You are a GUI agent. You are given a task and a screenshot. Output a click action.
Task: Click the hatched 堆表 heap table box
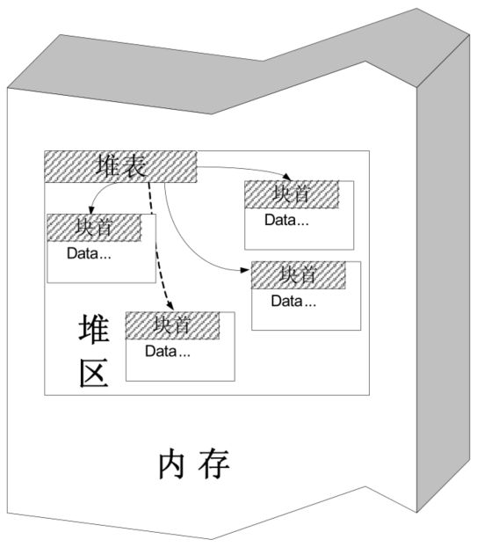point(120,167)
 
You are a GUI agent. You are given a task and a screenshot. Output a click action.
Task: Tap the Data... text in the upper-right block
point(286,219)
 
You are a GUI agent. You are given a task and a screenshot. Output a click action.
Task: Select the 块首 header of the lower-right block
point(298,275)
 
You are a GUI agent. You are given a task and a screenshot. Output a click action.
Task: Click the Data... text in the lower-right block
point(293,301)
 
